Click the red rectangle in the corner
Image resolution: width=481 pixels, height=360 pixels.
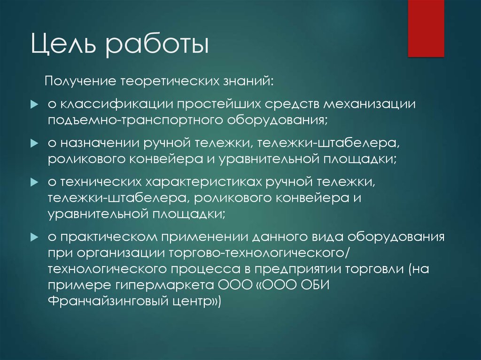[426, 28]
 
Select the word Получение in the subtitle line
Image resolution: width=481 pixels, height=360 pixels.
[80, 81]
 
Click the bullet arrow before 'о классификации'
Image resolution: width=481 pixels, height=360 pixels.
[34, 105]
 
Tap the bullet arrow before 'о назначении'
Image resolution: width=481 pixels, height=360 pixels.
[34, 144]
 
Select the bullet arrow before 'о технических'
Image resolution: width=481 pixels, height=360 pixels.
[34, 183]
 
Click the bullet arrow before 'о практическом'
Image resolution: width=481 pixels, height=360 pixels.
[34, 237]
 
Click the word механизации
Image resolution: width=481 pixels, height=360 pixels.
[370, 104]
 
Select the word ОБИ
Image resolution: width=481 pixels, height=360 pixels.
[315, 285]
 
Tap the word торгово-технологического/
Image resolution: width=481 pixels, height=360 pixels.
[259, 253]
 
